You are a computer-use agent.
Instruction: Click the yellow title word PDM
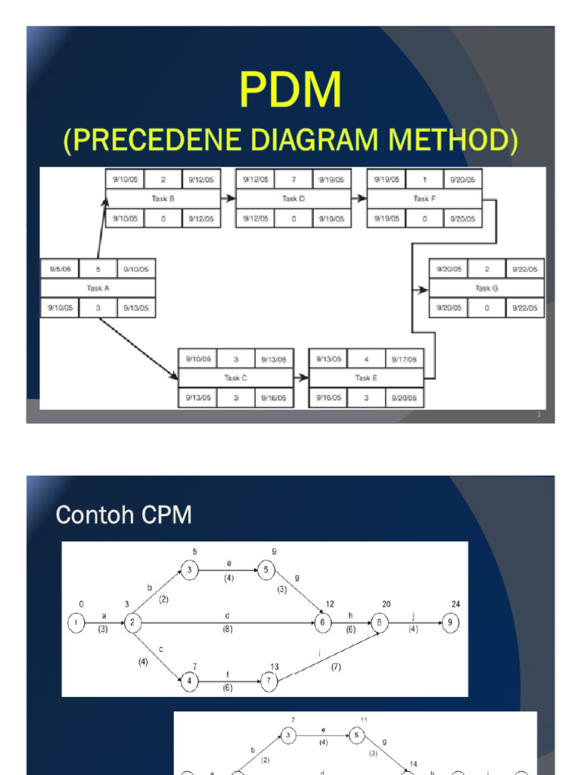pos(290,91)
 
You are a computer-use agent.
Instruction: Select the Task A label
pos(98,288)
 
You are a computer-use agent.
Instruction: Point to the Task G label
pos(486,288)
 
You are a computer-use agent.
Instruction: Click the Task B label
pos(163,198)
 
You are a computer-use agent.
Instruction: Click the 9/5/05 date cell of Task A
pos(59,269)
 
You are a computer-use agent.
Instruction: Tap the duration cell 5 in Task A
pos(98,269)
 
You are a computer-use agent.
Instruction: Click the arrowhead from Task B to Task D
pos(231,198)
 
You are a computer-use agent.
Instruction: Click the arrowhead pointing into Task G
pos(424,289)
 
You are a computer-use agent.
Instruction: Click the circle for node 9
pos(450,622)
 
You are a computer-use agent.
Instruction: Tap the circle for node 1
pos(76,623)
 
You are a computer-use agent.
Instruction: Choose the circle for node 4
pos(191,681)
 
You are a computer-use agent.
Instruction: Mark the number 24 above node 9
pos(455,604)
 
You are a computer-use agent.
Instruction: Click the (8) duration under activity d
pos(227,628)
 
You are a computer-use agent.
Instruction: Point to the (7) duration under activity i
pos(336,667)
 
